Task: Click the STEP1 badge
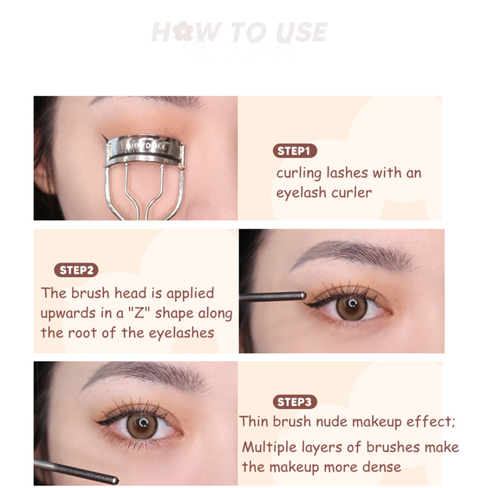click(x=295, y=151)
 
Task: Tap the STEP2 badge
click(x=76, y=270)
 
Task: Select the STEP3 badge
click(x=295, y=402)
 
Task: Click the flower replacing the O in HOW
click(x=183, y=31)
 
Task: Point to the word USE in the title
click(x=301, y=32)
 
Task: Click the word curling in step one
click(x=299, y=174)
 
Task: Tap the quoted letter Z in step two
click(x=139, y=313)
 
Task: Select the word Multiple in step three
click(x=270, y=448)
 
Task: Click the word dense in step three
click(x=382, y=467)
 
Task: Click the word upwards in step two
click(x=68, y=314)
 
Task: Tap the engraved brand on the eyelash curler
click(x=147, y=146)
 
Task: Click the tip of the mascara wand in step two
click(x=304, y=295)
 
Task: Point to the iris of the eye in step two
click(x=352, y=307)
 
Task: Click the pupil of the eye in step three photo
click(x=143, y=423)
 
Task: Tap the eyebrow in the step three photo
click(x=146, y=375)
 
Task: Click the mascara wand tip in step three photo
click(x=115, y=481)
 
